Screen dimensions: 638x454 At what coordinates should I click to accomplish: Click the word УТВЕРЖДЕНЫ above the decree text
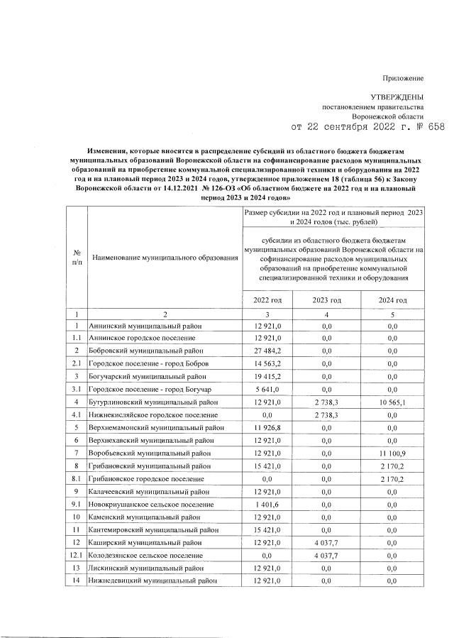click(397, 96)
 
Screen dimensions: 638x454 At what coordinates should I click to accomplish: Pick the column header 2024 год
click(393, 300)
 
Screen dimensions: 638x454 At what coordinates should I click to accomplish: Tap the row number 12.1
click(76, 555)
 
